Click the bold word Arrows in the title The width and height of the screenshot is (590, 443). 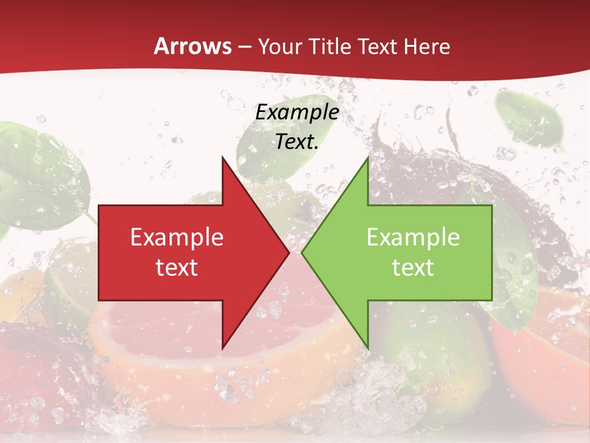click(192, 46)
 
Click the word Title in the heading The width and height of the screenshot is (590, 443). click(331, 46)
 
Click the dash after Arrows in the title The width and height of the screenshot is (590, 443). click(244, 47)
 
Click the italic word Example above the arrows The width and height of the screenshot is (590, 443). click(297, 113)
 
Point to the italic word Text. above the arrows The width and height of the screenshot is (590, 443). click(297, 142)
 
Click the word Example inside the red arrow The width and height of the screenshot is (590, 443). click(176, 237)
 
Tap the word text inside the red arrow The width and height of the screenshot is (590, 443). click(176, 268)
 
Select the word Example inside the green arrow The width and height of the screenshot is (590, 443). click(413, 237)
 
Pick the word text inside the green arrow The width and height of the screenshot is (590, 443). click(413, 268)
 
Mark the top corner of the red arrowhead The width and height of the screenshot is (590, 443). click(222, 158)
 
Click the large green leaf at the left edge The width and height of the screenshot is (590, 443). click(37, 172)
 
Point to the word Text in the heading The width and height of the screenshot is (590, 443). click(379, 46)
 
